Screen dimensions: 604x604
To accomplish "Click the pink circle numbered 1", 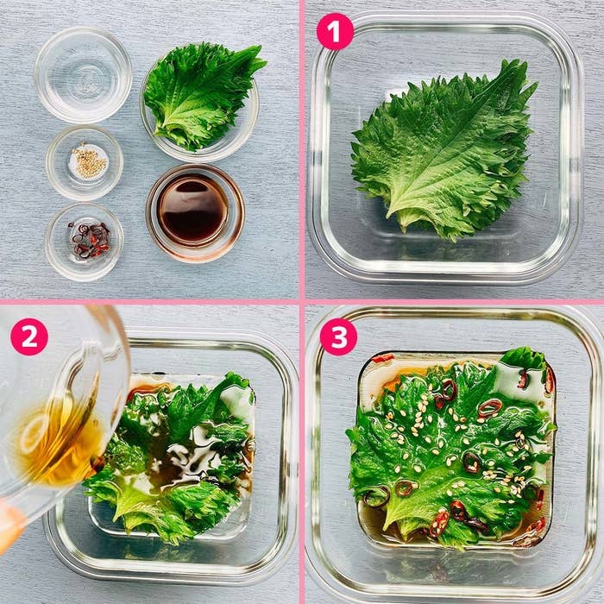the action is [335, 31].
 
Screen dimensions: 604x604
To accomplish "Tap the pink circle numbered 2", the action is [29, 337].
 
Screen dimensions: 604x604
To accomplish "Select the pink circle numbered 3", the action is [338, 337].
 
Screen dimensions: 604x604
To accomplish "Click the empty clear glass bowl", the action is [83, 75].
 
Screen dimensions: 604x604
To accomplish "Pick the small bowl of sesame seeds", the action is [85, 163].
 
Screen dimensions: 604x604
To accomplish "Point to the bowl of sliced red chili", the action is [84, 242].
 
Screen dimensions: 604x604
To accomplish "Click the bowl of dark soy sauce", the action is [195, 213].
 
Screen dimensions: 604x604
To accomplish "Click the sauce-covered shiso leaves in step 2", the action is [169, 455].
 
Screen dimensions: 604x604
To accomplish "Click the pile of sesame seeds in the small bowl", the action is [89, 163].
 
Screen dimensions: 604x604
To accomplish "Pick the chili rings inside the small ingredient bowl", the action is [90, 240].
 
